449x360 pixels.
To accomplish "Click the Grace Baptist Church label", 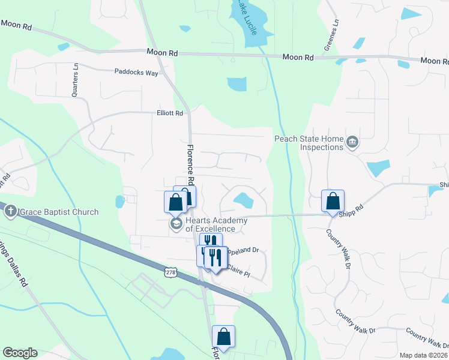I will click(x=58, y=212).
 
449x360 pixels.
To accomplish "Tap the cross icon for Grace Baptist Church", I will click(x=10, y=211).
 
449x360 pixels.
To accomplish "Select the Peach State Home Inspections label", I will click(x=309, y=143).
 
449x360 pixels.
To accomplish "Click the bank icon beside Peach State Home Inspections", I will click(x=352, y=142).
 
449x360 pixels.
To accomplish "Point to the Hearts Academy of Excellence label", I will click(x=216, y=224).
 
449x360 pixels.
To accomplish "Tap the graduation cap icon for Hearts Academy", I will click(x=176, y=224).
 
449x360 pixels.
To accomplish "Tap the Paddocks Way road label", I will click(x=136, y=72).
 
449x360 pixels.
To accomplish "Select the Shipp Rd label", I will click(x=351, y=208).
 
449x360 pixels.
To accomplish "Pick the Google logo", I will click(x=20, y=353).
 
